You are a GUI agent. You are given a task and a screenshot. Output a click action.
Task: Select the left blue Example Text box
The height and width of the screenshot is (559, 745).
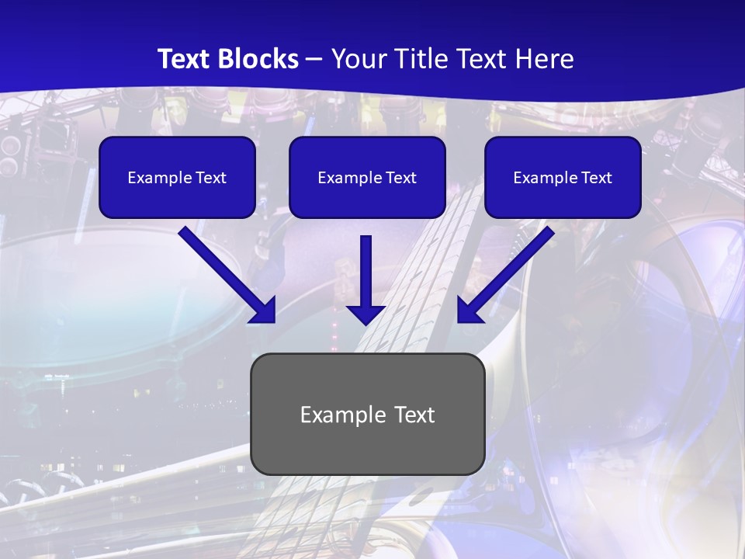[x=177, y=178]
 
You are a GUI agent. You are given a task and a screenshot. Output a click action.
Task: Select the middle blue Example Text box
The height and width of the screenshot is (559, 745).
[x=367, y=178]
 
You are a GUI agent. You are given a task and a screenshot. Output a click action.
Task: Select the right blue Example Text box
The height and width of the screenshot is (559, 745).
[x=563, y=178]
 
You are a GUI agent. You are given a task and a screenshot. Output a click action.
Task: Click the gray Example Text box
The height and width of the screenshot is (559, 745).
[x=367, y=414]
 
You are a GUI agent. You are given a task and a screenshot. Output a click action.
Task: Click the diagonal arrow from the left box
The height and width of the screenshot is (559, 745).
[x=221, y=269]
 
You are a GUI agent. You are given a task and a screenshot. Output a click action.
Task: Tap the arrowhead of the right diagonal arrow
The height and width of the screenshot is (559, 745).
[x=470, y=310]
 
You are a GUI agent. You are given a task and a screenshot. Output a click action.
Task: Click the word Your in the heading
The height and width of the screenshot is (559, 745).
[x=355, y=59]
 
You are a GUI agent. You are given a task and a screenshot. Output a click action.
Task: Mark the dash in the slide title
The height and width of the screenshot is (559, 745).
[x=314, y=60]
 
